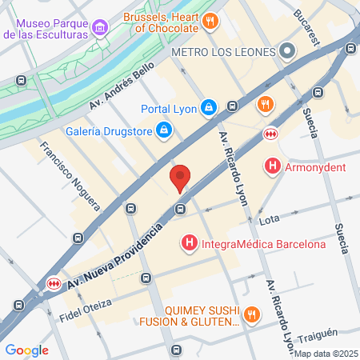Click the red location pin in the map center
tap(181, 178)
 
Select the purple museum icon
tap(100, 30)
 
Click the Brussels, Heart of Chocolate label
tap(161, 22)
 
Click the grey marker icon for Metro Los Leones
tap(287, 52)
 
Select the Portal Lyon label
tap(167, 107)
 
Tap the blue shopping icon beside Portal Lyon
tap(208, 106)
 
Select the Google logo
tap(26, 350)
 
